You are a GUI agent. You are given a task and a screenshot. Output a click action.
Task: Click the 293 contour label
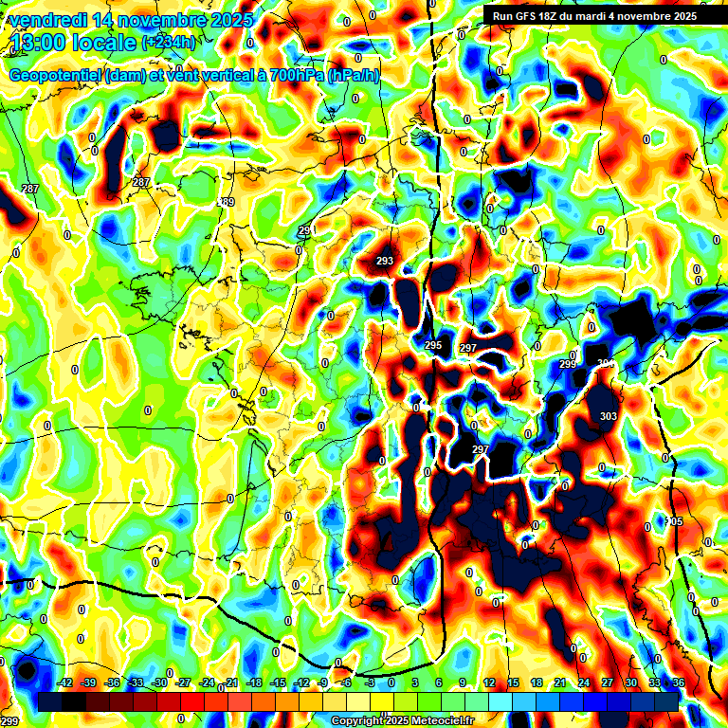385,261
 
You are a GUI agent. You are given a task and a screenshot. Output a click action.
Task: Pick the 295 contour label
433,345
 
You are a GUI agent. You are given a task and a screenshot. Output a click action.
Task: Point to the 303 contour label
609,416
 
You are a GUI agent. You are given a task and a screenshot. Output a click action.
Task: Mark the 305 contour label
675,522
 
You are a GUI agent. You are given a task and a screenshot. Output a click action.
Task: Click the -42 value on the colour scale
66,682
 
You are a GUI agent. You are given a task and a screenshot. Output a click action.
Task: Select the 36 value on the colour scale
679,682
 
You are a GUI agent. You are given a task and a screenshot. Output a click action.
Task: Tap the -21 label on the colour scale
230,682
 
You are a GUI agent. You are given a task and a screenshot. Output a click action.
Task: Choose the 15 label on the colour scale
513,682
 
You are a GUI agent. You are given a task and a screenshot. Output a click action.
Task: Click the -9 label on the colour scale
323,682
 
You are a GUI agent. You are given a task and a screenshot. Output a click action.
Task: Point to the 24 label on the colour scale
584,682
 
